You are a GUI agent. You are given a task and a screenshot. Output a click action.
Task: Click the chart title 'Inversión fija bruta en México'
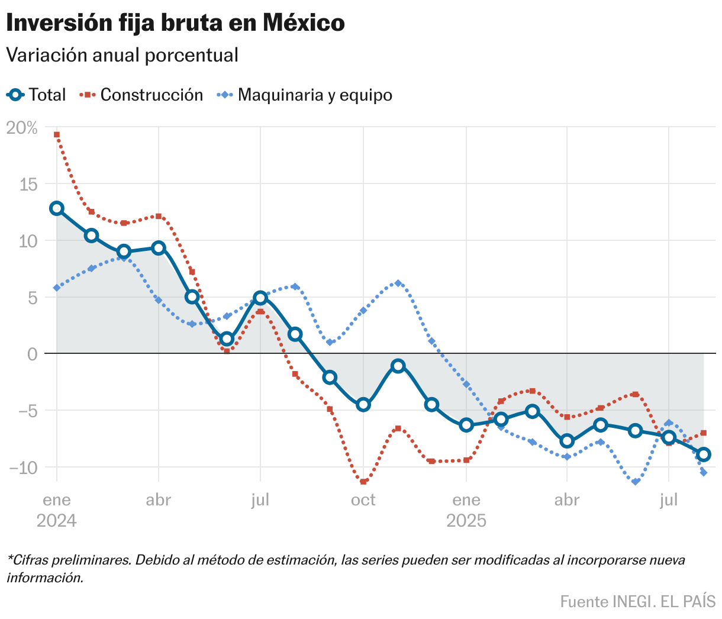tap(175, 23)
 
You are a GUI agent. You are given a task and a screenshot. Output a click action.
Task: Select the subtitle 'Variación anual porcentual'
tap(122, 55)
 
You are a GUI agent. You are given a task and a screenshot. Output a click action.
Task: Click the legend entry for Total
tap(37, 95)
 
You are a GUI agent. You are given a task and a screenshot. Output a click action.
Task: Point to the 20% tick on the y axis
tap(22, 127)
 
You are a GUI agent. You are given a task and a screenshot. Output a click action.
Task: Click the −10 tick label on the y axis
tap(23, 467)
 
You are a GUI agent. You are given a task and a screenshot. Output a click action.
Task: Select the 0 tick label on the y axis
tap(32, 354)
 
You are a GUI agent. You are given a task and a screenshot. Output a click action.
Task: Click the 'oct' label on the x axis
tap(363, 500)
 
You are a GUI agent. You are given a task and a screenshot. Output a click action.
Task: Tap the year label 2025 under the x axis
tap(466, 521)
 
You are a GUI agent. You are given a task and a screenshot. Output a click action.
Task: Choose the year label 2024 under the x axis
tap(57, 521)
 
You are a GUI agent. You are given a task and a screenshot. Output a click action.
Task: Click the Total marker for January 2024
tap(57, 208)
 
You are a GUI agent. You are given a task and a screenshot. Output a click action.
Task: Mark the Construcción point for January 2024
tap(57, 134)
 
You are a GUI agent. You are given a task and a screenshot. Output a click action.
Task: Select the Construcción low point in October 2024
tap(363, 482)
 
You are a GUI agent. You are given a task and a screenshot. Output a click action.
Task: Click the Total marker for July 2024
tap(260, 298)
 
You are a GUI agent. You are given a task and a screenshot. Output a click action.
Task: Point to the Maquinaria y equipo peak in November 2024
tap(398, 283)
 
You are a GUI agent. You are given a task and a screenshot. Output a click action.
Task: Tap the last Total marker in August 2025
tap(703, 454)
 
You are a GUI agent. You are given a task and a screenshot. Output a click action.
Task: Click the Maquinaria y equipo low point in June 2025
tap(636, 482)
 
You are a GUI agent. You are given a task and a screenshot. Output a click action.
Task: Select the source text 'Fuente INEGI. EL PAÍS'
tap(638, 601)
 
